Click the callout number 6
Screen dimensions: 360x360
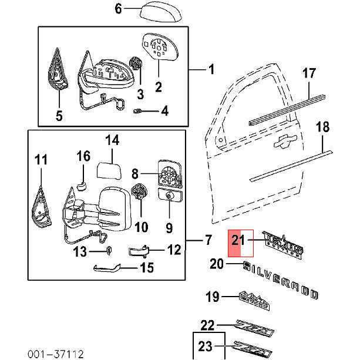click(117, 9)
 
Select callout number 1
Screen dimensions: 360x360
click(211, 70)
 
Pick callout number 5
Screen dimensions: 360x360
click(59, 115)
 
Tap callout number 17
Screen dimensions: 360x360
click(309, 73)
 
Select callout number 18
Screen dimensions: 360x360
click(323, 127)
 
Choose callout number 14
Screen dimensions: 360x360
click(112, 140)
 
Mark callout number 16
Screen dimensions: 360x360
click(83, 156)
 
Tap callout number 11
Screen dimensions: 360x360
click(41, 159)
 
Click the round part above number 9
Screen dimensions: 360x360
click(169, 198)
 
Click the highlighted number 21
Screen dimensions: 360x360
click(237, 240)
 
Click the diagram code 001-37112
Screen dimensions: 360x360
click(54, 354)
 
